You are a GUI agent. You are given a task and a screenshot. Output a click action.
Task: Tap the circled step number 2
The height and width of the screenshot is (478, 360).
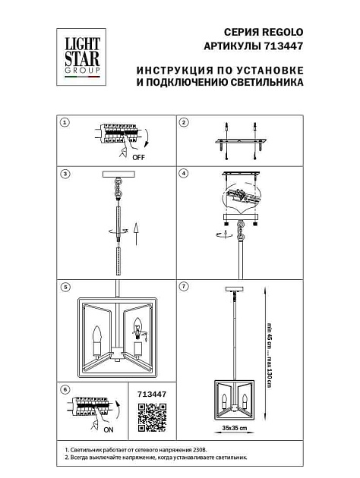point(183,122)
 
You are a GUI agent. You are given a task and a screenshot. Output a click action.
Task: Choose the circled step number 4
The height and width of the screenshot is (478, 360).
point(183,174)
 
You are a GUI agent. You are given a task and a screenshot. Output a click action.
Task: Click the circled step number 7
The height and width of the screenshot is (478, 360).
point(183,288)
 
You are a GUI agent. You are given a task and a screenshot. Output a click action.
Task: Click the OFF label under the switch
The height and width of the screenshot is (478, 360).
point(137,159)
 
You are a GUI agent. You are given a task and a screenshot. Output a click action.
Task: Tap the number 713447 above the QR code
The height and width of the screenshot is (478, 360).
point(150,395)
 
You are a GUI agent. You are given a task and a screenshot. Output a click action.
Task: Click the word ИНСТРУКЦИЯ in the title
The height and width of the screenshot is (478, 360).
point(171,70)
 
